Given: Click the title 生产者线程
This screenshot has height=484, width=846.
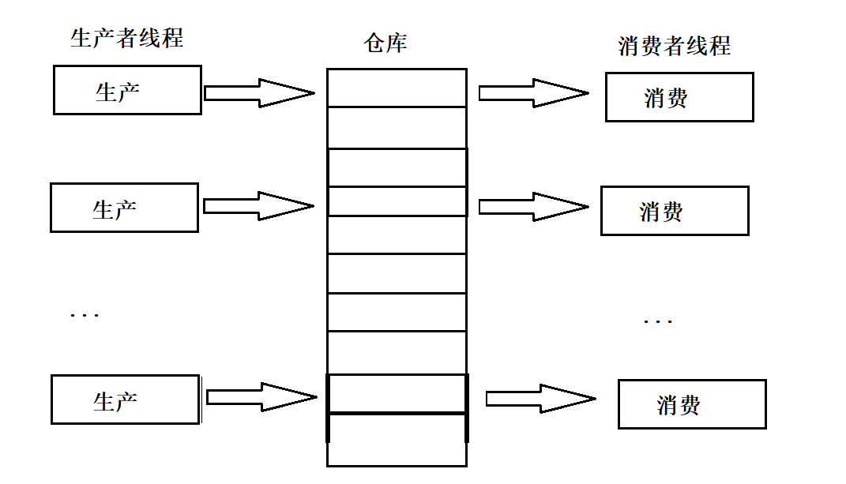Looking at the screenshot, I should [126, 38].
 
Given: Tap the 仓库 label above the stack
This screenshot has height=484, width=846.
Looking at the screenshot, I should [385, 43].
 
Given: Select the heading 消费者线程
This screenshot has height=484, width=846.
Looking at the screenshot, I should [674, 46].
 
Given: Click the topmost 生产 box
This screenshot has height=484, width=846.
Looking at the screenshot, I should [127, 90].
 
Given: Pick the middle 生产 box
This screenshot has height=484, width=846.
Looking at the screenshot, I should [124, 208].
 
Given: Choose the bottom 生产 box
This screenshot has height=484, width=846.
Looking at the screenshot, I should [125, 400].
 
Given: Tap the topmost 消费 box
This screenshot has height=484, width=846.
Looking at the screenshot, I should [679, 97].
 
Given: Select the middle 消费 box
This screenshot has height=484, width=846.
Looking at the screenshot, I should [675, 211].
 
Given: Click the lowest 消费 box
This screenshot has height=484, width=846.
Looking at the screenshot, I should [692, 404].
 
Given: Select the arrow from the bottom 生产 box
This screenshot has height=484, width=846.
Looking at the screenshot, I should [261, 396].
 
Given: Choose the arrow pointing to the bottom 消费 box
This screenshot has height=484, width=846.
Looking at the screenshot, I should [540, 399].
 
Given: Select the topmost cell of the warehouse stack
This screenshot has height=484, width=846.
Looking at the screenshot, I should [397, 88].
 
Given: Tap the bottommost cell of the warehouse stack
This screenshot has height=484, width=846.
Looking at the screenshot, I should [397, 440].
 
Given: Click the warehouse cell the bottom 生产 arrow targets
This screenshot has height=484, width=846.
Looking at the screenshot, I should [397, 393].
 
